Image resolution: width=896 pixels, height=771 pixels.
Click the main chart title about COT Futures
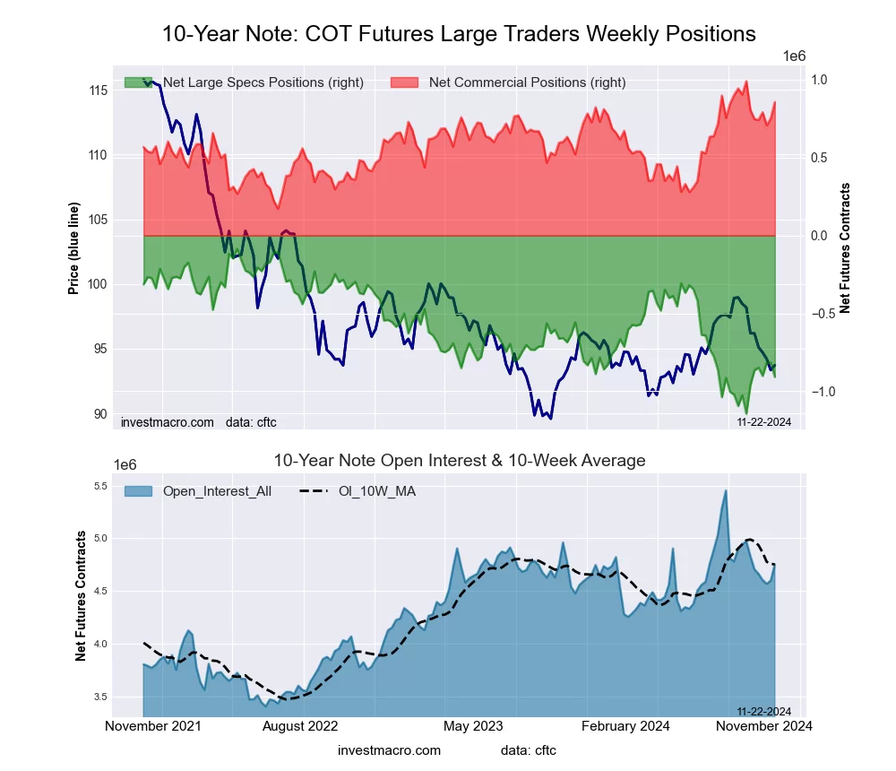pos(459,34)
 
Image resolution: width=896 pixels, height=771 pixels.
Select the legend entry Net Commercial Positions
pos(527,82)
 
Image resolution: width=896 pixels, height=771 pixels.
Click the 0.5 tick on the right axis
pos(820,158)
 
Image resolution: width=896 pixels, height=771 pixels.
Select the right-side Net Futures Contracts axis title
pos(845,247)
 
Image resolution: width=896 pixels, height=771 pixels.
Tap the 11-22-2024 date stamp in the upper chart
pos(763,421)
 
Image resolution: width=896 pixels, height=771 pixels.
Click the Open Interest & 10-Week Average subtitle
pos(459,461)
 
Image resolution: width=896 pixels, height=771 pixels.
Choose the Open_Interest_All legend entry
pos(217,490)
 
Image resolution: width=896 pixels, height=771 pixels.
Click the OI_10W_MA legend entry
pos(377,490)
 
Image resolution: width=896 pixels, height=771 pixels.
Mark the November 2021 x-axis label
pos(153,725)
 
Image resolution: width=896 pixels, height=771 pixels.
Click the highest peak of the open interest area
pos(726,491)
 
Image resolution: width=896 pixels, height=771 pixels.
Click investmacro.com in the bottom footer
pos(390,750)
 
